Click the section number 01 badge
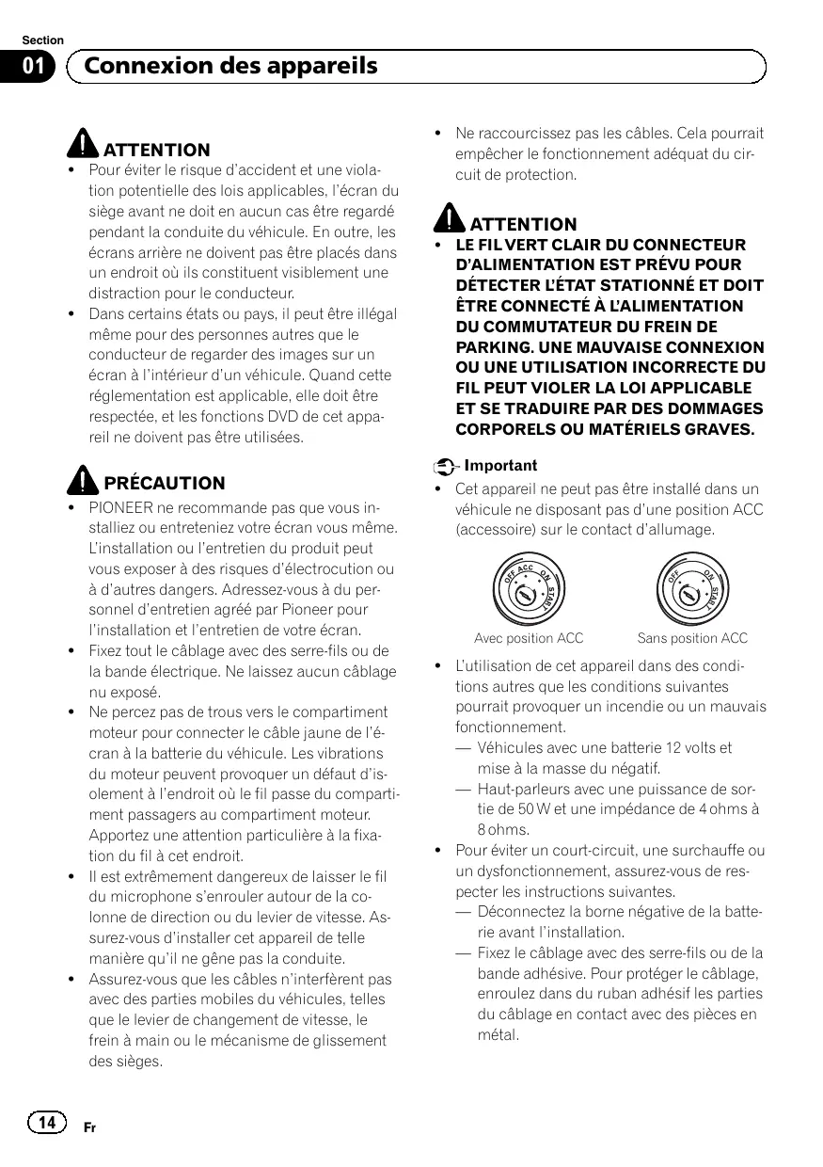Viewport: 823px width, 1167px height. point(35,67)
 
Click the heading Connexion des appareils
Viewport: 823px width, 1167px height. point(230,66)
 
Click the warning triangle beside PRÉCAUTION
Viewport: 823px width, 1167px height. point(84,481)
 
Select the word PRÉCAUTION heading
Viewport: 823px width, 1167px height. point(165,484)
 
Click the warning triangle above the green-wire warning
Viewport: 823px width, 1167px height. point(450,221)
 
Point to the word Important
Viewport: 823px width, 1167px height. point(501,466)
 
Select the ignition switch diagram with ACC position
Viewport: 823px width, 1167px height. point(528,591)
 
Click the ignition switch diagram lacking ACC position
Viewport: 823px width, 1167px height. point(692,591)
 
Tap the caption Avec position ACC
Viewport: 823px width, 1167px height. point(529,638)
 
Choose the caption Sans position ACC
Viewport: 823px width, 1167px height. point(692,638)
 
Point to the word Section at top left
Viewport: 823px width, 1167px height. point(43,40)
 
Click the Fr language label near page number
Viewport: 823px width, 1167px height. point(89,1127)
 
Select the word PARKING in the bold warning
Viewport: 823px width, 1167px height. point(491,347)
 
